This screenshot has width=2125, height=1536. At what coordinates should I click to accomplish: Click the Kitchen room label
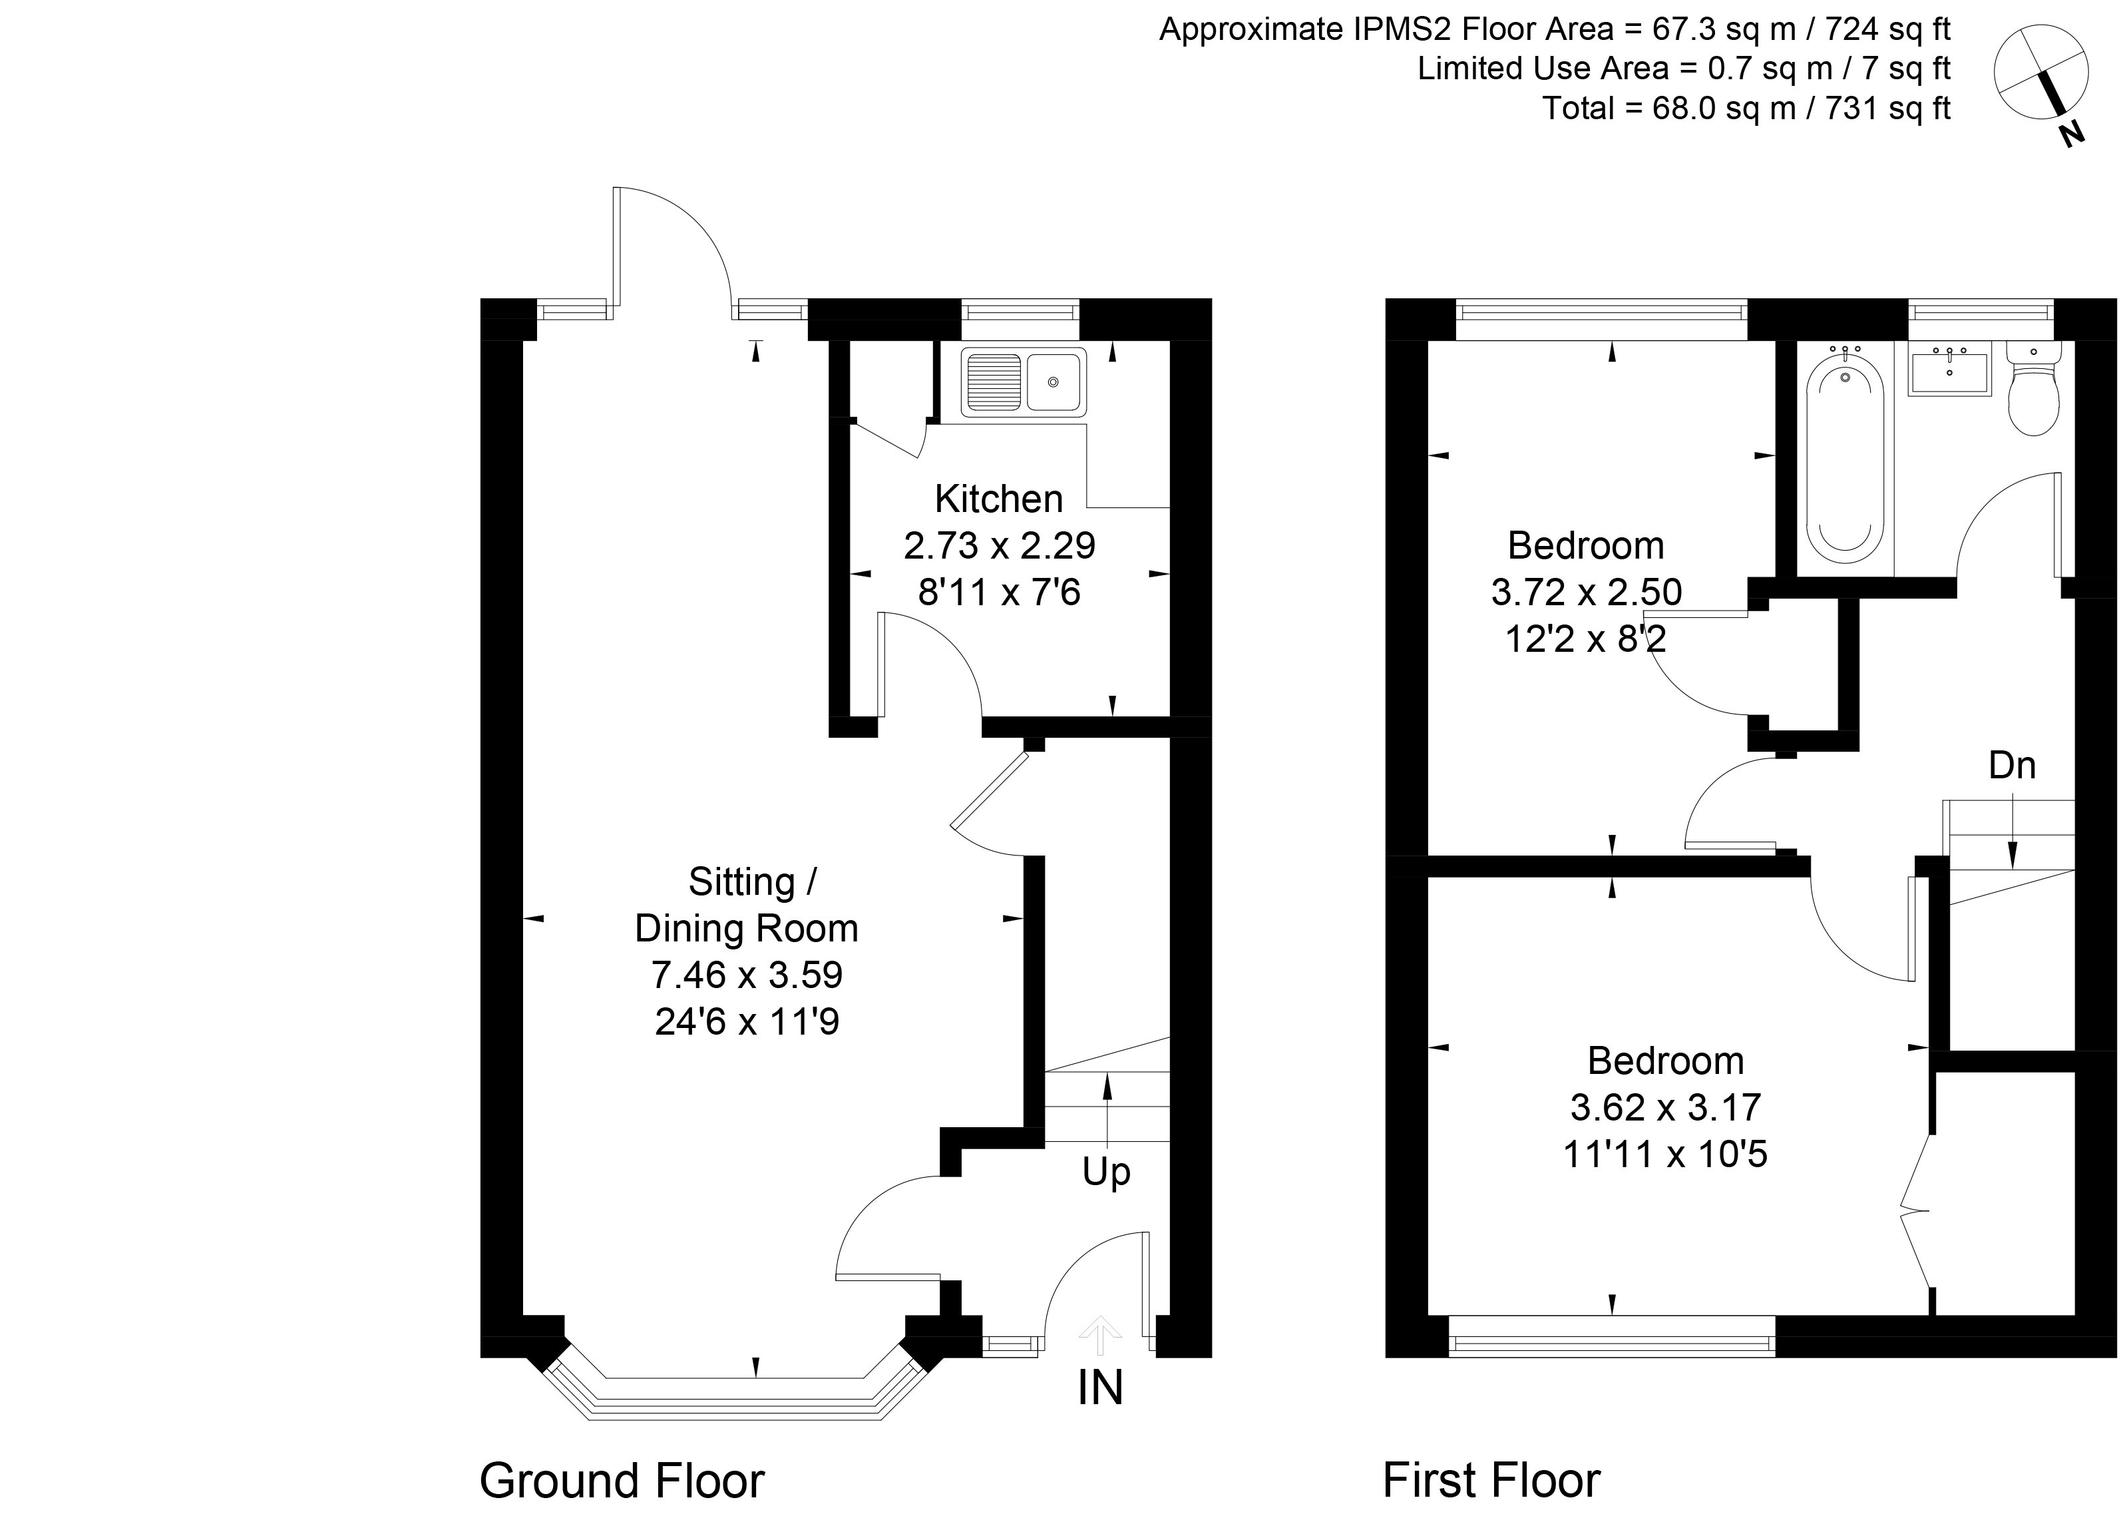999,499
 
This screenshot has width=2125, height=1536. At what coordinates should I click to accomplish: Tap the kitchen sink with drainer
1023,382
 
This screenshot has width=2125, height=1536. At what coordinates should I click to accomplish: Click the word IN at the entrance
1100,1388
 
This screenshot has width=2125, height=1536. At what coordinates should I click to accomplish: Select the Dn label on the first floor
2012,766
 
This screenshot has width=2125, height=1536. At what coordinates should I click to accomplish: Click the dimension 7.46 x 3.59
747,975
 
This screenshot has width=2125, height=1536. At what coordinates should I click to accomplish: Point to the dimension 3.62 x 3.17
1666,1108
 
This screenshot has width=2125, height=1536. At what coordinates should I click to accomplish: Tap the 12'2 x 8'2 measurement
1586,640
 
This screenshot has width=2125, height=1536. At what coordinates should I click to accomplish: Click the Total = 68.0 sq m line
1746,109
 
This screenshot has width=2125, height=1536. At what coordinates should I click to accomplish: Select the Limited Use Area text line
1684,69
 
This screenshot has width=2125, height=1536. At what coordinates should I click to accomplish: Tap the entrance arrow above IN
1100,1334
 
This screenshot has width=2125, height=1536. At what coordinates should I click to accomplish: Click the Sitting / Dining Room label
747,905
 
